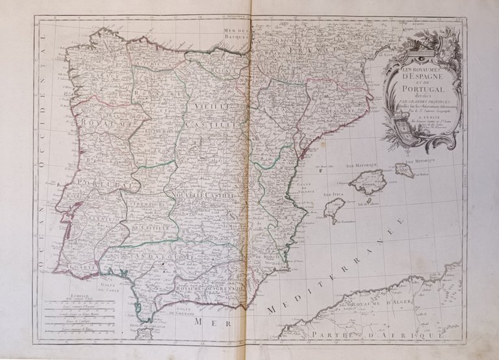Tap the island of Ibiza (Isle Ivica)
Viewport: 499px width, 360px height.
click(x=334, y=209)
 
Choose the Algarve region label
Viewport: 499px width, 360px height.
click(x=74, y=266)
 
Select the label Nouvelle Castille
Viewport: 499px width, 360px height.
click(x=197, y=194)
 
